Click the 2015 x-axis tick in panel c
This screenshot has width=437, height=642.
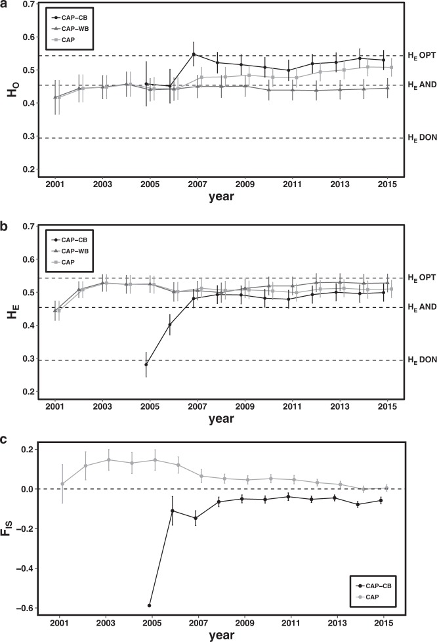point(384,624)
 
